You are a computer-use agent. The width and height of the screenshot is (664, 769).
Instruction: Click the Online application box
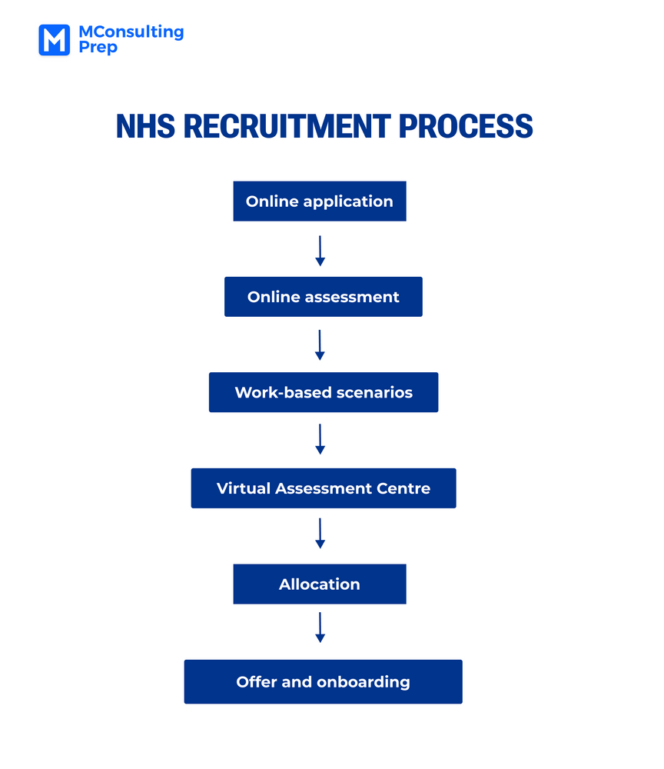pyautogui.click(x=319, y=201)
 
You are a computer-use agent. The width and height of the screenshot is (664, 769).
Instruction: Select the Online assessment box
pyautogui.click(x=323, y=297)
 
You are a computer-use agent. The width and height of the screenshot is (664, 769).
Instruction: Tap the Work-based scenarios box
pyautogui.click(x=323, y=392)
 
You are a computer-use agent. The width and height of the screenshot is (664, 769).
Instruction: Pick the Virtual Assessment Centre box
pyautogui.click(x=323, y=488)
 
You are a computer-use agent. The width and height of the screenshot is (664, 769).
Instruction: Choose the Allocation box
pyautogui.click(x=319, y=584)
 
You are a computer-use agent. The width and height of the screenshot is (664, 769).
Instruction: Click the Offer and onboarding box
pyautogui.click(x=323, y=681)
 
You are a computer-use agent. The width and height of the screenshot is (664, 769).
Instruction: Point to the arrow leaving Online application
pyautogui.click(x=320, y=251)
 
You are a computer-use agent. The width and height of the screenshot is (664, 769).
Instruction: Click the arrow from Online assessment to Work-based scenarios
pyautogui.click(x=320, y=345)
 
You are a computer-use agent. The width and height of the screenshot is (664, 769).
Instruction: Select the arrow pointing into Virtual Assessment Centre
pyautogui.click(x=320, y=439)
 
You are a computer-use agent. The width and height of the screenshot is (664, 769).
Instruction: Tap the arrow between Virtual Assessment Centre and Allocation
pyautogui.click(x=320, y=534)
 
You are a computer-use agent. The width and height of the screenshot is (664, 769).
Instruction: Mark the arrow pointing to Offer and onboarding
pyautogui.click(x=320, y=628)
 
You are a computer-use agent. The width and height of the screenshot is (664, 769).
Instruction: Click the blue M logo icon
pyautogui.click(x=54, y=40)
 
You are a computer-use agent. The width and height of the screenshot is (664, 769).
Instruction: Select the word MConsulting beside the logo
pyautogui.click(x=131, y=32)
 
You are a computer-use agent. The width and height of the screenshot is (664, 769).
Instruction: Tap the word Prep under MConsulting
pyautogui.click(x=98, y=48)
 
